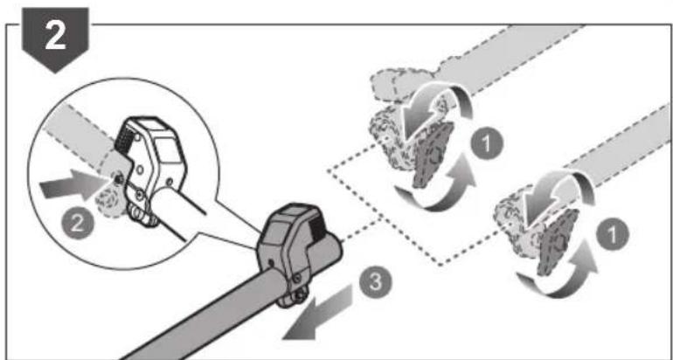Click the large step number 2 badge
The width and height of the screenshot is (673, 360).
coord(55,38)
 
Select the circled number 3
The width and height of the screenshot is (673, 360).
coord(375,283)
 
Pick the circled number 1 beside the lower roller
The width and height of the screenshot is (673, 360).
coord(613,236)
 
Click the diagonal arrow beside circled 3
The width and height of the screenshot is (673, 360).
coord(318,312)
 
